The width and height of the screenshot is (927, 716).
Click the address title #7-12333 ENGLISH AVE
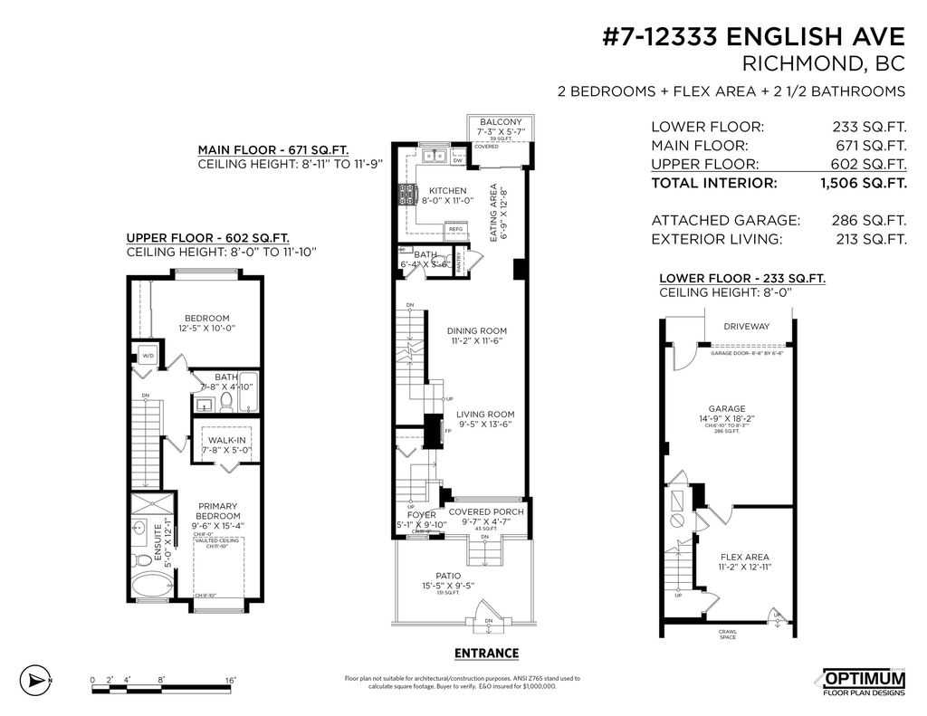[753, 37]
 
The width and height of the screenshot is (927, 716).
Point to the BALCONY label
[500, 122]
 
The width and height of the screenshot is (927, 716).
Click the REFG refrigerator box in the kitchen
[456, 229]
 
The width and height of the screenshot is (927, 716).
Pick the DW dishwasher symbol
[457, 161]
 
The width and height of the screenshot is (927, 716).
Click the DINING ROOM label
[477, 331]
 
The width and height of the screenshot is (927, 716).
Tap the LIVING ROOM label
[485, 415]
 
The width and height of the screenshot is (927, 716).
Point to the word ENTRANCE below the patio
[486, 653]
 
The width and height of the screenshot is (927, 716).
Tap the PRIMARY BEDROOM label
[192, 512]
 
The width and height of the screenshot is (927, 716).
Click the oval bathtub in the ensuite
[147, 587]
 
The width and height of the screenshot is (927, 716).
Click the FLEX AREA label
[744, 558]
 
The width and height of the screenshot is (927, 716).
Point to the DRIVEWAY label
[746, 327]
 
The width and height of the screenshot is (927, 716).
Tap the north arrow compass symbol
[36, 680]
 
